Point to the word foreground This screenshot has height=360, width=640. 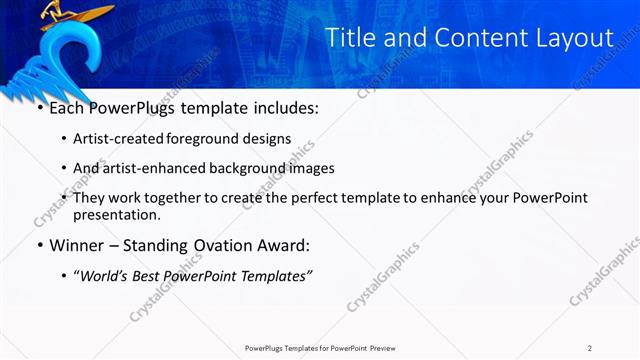pyautogui.click(x=214, y=140)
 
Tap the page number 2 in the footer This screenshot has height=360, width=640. pyautogui.click(x=590, y=348)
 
